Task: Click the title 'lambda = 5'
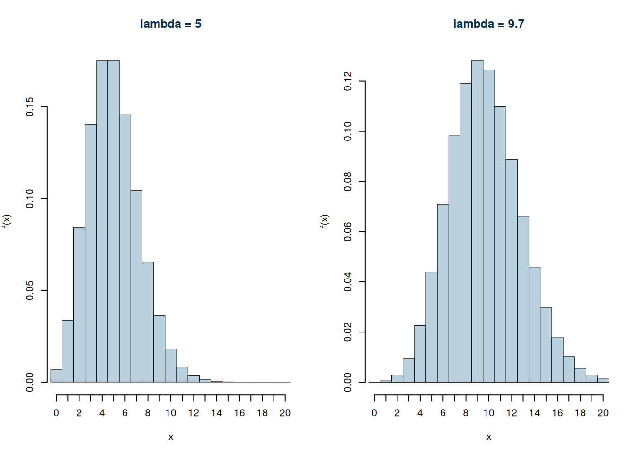[x=170, y=24]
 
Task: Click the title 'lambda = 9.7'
[x=488, y=24]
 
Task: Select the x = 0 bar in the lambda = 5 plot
[x=56, y=376]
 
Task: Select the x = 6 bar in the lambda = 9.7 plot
[x=443, y=293]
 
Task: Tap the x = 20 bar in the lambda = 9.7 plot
[x=603, y=380]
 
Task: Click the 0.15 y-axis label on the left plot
[x=30, y=107]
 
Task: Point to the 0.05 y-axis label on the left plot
[x=30, y=290]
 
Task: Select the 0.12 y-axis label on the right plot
[x=348, y=81]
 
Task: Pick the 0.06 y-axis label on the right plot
[x=348, y=232]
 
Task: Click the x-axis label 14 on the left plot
[x=216, y=413]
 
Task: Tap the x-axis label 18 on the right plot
[x=580, y=413]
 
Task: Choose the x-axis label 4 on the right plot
[x=420, y=413]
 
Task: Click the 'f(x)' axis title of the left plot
[x=7, y=221]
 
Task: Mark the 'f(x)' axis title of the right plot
[x=325, y=221]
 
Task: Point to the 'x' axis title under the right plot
[x=488, y=437]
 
